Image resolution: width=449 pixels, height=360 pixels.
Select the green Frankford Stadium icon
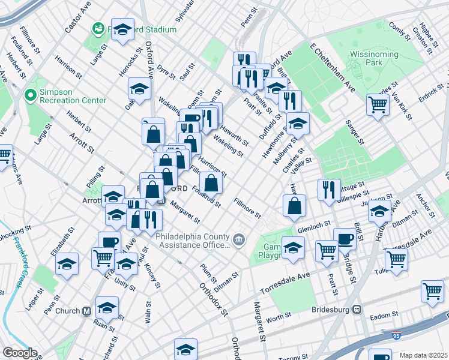(x=97, y=29)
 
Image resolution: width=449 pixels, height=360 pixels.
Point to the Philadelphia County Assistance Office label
(x=193, y=240)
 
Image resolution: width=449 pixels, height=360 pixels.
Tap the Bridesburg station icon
(x=357, y=310)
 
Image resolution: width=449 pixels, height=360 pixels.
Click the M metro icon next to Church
(x=86, y=311)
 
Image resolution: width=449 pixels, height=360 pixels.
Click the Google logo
(x=19, y=353)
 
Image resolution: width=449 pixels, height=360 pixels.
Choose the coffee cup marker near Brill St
(x=345, y=238)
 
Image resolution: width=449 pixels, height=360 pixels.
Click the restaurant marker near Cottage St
(x=328, y=190)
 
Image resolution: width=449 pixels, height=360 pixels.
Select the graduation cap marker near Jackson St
(x=379, y=211)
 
